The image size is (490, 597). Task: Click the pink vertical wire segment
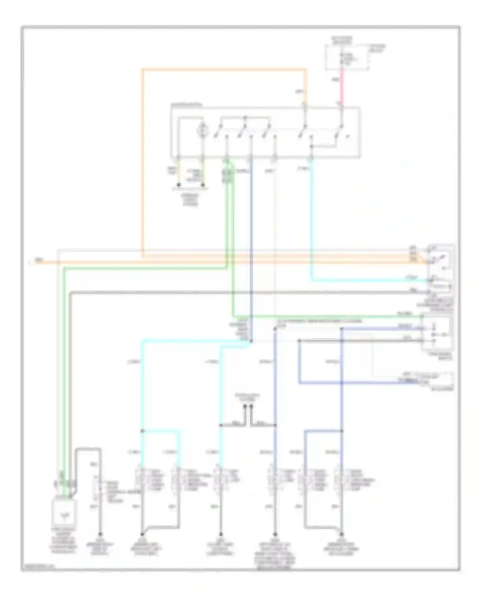(342, 88)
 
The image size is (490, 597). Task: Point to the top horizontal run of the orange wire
(224, 69)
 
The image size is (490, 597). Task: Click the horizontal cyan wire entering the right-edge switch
(369, 280)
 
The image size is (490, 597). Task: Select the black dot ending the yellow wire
(178, 185)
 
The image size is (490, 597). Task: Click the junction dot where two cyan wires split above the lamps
(142, 431)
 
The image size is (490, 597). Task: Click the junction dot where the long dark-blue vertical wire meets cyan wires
(251, 341)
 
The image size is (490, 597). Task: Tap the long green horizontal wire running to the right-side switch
(327, 316)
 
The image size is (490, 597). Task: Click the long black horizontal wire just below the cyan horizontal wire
(248, 292)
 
